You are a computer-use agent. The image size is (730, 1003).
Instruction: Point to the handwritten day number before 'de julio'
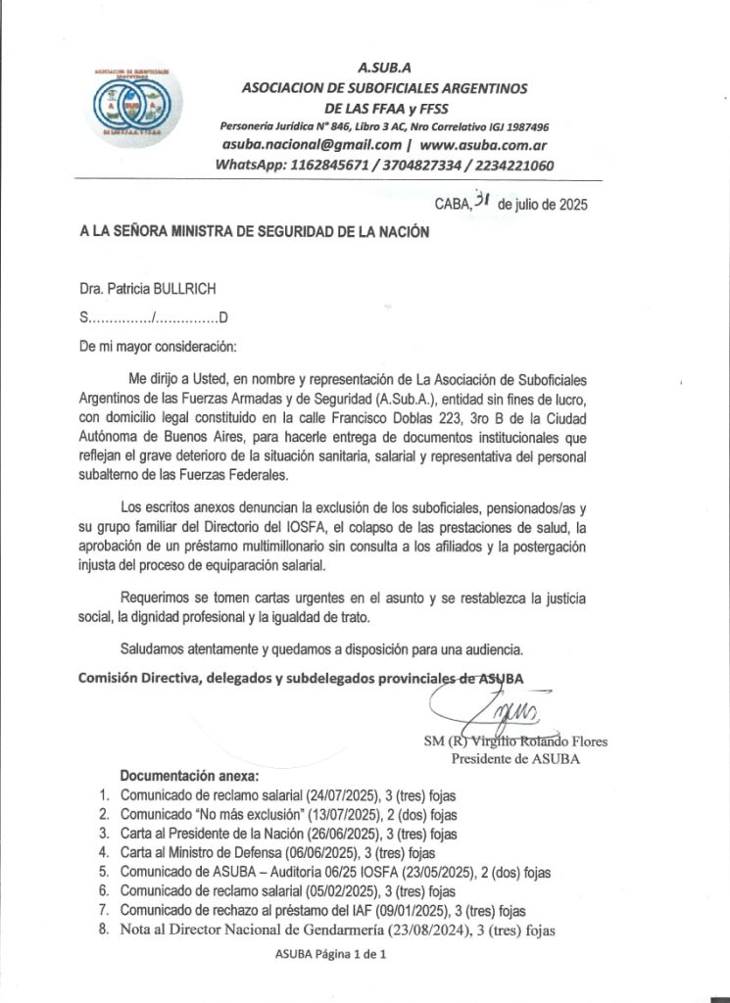click(481, 202)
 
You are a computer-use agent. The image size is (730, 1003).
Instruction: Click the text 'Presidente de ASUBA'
click(514, 758)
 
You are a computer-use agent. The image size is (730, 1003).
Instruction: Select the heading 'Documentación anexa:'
click(182, 776)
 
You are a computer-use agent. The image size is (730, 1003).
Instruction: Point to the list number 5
click(105, 871)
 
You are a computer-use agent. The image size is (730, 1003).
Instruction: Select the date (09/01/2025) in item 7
click(414, 910)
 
